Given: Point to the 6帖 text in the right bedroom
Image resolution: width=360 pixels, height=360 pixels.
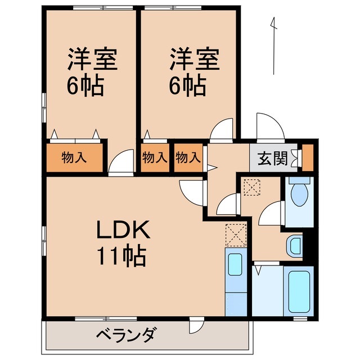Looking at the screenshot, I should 188,85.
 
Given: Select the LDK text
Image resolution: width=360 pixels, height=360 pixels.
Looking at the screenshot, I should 123,230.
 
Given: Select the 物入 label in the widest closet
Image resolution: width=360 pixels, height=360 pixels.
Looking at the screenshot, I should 74,158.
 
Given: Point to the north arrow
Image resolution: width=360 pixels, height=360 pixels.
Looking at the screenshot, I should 274,45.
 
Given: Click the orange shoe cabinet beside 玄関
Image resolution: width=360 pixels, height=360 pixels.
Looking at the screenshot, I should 307,157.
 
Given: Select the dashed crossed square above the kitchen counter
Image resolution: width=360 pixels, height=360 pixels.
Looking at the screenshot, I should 236,235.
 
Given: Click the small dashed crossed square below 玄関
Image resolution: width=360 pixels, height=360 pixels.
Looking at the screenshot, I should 250,186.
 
